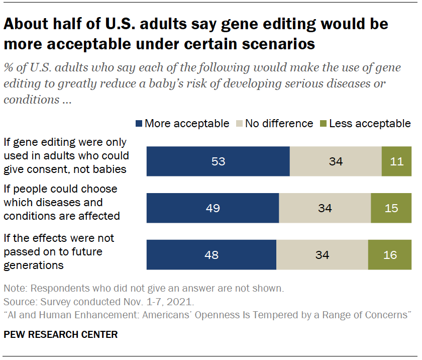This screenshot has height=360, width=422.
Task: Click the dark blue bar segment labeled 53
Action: (218, 161)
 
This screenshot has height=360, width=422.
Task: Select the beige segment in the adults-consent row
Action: (336, 161)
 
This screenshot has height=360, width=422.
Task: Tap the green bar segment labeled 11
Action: (396, 161)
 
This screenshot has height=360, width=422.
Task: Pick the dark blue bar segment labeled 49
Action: (213, 208)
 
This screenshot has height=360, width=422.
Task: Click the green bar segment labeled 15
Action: (391, 208)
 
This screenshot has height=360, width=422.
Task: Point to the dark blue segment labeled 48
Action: (211, 255)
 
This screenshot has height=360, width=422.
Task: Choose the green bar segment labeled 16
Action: (389, 255)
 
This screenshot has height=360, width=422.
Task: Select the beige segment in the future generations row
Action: (322, 255)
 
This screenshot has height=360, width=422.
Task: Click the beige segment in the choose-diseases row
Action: (325, 208)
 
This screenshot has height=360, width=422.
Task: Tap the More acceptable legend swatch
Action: (139, 124)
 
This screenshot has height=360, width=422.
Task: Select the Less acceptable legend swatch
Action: (323, 124)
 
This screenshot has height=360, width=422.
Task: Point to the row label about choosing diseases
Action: (61, 203)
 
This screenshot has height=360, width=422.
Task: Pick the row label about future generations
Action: (58, 251)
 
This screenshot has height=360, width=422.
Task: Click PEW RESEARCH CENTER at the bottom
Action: (61, 334)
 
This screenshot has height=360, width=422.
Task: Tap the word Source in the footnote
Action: (18, 302)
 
